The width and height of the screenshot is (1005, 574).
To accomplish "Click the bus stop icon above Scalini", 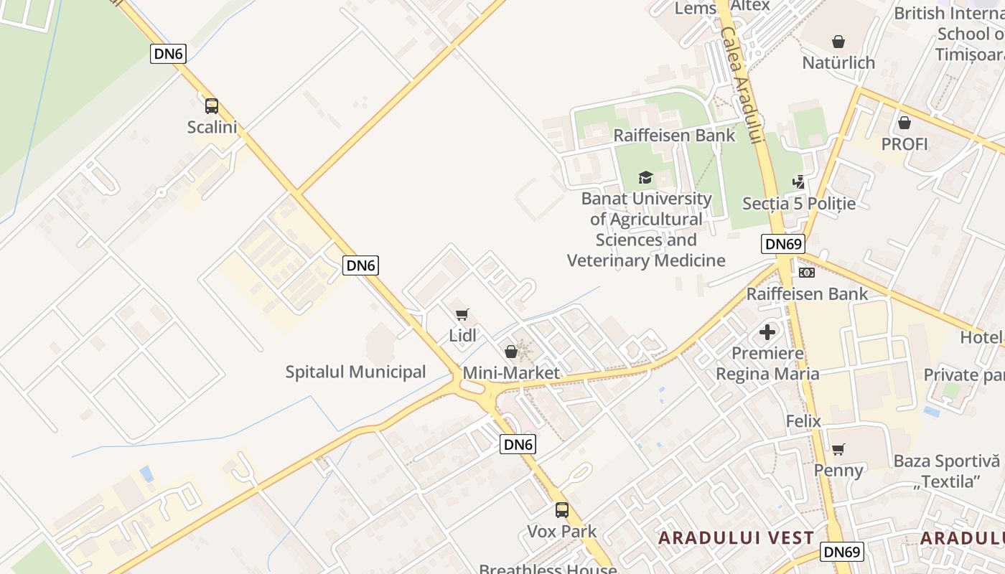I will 212,106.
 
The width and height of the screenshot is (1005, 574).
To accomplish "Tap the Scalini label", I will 212,127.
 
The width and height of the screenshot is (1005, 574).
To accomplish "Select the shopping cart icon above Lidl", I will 462,314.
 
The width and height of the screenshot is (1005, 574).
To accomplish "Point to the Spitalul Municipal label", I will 355,372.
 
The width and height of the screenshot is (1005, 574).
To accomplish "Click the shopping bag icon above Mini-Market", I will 511,352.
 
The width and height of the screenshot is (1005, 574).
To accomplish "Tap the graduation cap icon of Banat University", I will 645,177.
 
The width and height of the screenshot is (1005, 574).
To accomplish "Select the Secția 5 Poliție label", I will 799,204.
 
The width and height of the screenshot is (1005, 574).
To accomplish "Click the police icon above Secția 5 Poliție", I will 799,182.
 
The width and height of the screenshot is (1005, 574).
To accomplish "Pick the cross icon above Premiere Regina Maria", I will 767,332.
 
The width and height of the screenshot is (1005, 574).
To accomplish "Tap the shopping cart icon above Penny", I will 838,449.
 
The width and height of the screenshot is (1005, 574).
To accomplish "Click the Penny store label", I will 838,470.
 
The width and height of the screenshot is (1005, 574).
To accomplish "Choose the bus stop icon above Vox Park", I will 562,510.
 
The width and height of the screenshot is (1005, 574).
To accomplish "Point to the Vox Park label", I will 562,532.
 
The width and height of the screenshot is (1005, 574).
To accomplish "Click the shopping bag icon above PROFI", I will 904,123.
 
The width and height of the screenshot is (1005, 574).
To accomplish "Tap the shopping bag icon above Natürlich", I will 838,42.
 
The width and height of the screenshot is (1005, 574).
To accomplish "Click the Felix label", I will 803,420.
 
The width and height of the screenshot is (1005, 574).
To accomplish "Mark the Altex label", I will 750,6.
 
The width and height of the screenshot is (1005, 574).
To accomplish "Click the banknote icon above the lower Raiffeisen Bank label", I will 807,273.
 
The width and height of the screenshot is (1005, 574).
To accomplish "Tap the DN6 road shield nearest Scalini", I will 168,53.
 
